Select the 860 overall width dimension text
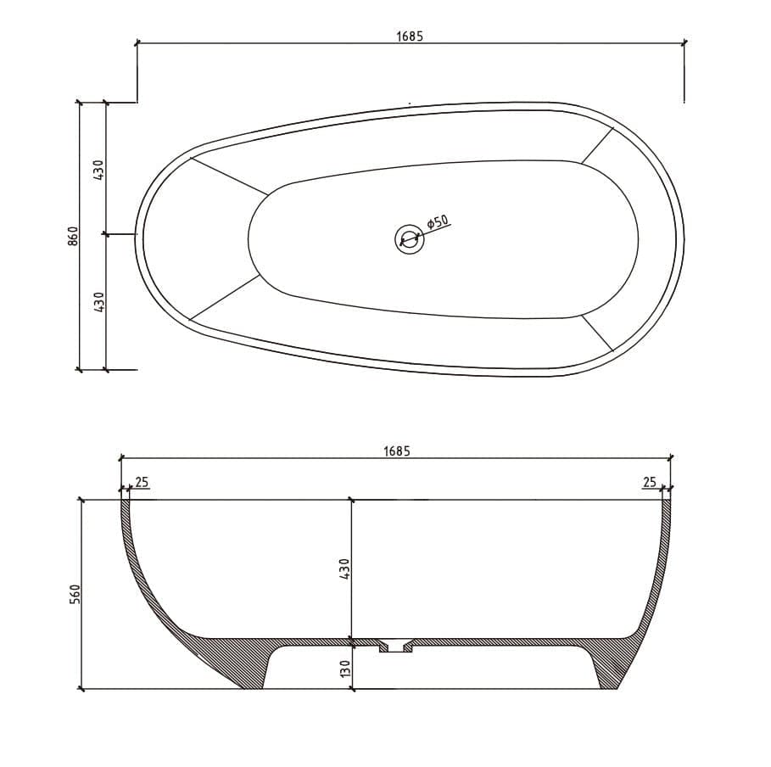click(x=73, y=236)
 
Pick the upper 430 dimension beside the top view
click(x=98, y=170)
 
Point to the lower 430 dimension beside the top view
click(x=98, y=301)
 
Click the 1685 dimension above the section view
click(x=395, y=451)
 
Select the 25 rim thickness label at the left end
click(x=142, y=482)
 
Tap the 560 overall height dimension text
click(x=74, y=594)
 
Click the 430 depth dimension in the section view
click(x=344, y=568)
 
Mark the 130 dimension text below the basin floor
click(x=344, y=668)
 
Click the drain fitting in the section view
click(x=395, y=646)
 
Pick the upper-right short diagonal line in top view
click(x=596, y=145)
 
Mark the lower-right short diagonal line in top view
click(x=596, y=333)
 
